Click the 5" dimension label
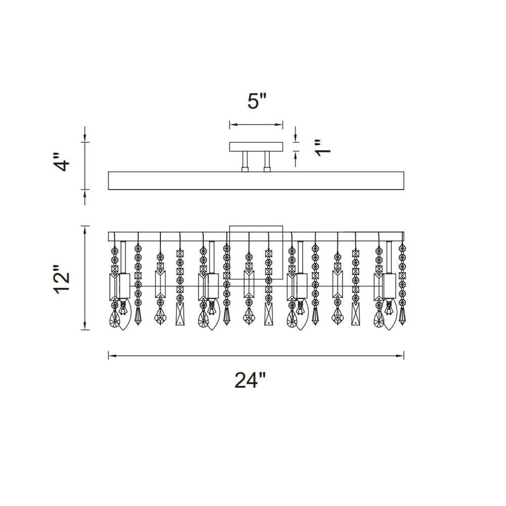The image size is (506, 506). tap(257, 101)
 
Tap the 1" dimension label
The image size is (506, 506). tap(323, 148)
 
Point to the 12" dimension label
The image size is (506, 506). tap(61, 279)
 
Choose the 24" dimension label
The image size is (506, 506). tap(250, 380)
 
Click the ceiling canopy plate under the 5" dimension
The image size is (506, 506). tap(256, 147)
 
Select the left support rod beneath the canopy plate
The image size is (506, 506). tap(245, 161)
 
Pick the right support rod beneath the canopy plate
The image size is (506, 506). tap(267, 161)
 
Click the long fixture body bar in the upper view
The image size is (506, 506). tap(256, 181)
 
